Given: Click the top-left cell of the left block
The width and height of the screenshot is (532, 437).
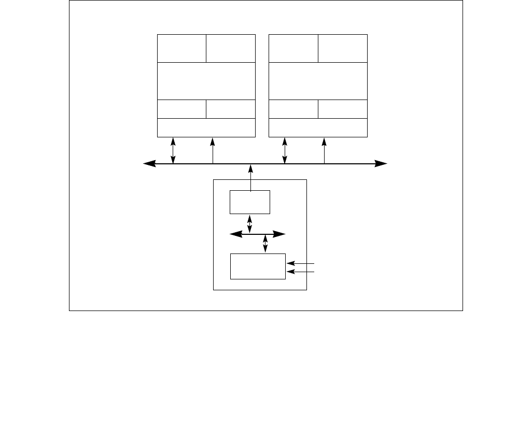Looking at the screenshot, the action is coord(181,48).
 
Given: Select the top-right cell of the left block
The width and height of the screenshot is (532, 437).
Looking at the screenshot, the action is coord(231,48).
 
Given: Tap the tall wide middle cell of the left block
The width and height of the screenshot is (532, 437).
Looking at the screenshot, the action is coord(206,81).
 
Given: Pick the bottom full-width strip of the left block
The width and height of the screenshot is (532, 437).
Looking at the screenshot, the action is coord(206,128).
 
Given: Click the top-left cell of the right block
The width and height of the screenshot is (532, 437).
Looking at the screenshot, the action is coord(293,48).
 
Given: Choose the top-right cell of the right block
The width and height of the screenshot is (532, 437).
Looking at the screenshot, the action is coord(343,48).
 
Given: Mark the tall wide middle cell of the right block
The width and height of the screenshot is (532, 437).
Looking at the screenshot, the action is coord(318,81).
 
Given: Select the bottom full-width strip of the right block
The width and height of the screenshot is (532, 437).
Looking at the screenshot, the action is coord(318,128).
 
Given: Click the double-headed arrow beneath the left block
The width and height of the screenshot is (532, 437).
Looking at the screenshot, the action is coord(173,150).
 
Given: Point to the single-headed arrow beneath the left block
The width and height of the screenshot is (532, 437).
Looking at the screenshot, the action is coord(213,150).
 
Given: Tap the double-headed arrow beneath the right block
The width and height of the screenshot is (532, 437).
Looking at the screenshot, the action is coord(285,150).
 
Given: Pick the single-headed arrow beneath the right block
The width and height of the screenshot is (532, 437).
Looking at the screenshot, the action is coord(325,150).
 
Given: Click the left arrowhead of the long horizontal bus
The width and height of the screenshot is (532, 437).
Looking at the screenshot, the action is coord(149,164).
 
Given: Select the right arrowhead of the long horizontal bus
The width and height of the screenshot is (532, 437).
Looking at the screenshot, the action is coord(381,164).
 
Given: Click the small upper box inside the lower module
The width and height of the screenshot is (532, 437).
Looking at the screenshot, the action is coord(250,202).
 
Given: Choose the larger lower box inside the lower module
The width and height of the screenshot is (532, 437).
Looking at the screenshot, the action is coord(258,266).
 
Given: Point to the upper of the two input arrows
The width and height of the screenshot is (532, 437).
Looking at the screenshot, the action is coord(301,263).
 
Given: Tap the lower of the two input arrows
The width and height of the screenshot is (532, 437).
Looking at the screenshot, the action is coord(301,271).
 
